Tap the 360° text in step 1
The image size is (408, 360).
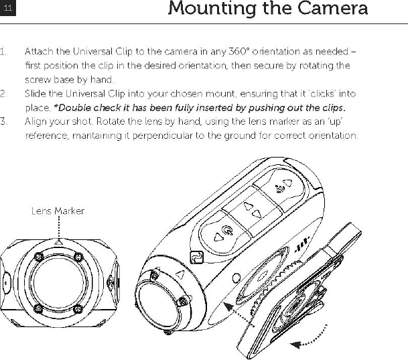click(x=240, y=52)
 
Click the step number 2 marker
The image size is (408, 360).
click(x=4, y=95)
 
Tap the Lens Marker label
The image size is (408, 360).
click(x=58, y=211)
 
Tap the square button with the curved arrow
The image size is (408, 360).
click(x=196, y=257)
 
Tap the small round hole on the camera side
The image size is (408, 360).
click(x=236, y=278)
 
